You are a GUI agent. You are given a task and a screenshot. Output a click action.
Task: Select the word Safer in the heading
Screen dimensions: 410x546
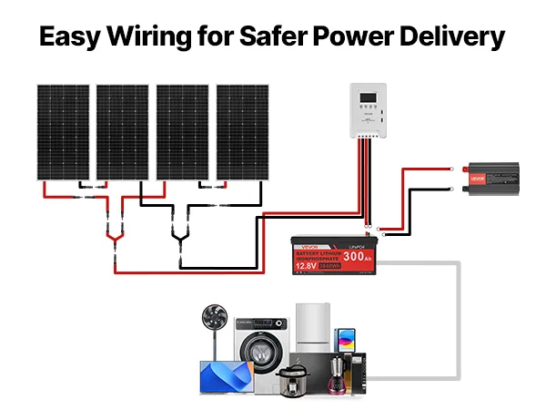click(272, 37)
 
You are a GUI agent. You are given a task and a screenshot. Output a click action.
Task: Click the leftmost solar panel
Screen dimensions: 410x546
click(63, 132)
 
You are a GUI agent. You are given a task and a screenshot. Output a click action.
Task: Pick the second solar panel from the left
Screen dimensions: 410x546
click(122, 132)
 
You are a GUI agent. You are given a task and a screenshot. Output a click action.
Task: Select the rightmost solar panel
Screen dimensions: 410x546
click(243, 132)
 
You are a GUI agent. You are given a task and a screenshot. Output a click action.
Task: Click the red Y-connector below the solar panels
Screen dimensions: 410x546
click(115, 239)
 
